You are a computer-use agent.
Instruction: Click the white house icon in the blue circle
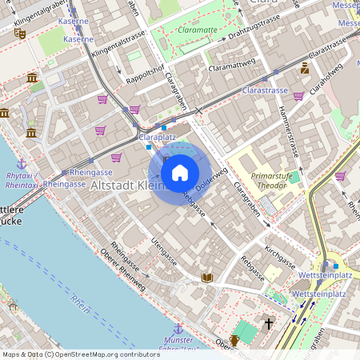[180, 173]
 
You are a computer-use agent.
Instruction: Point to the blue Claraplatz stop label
[157, 138]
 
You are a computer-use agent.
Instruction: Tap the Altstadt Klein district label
[128, 186]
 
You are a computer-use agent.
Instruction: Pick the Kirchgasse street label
[280, 257]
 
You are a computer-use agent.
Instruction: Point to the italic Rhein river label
[80, 307]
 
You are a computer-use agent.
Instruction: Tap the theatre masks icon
[20, 33]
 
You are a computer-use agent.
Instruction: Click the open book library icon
[207, 277]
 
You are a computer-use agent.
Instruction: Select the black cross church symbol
[268, 324]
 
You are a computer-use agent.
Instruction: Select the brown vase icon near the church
[234, 341]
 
